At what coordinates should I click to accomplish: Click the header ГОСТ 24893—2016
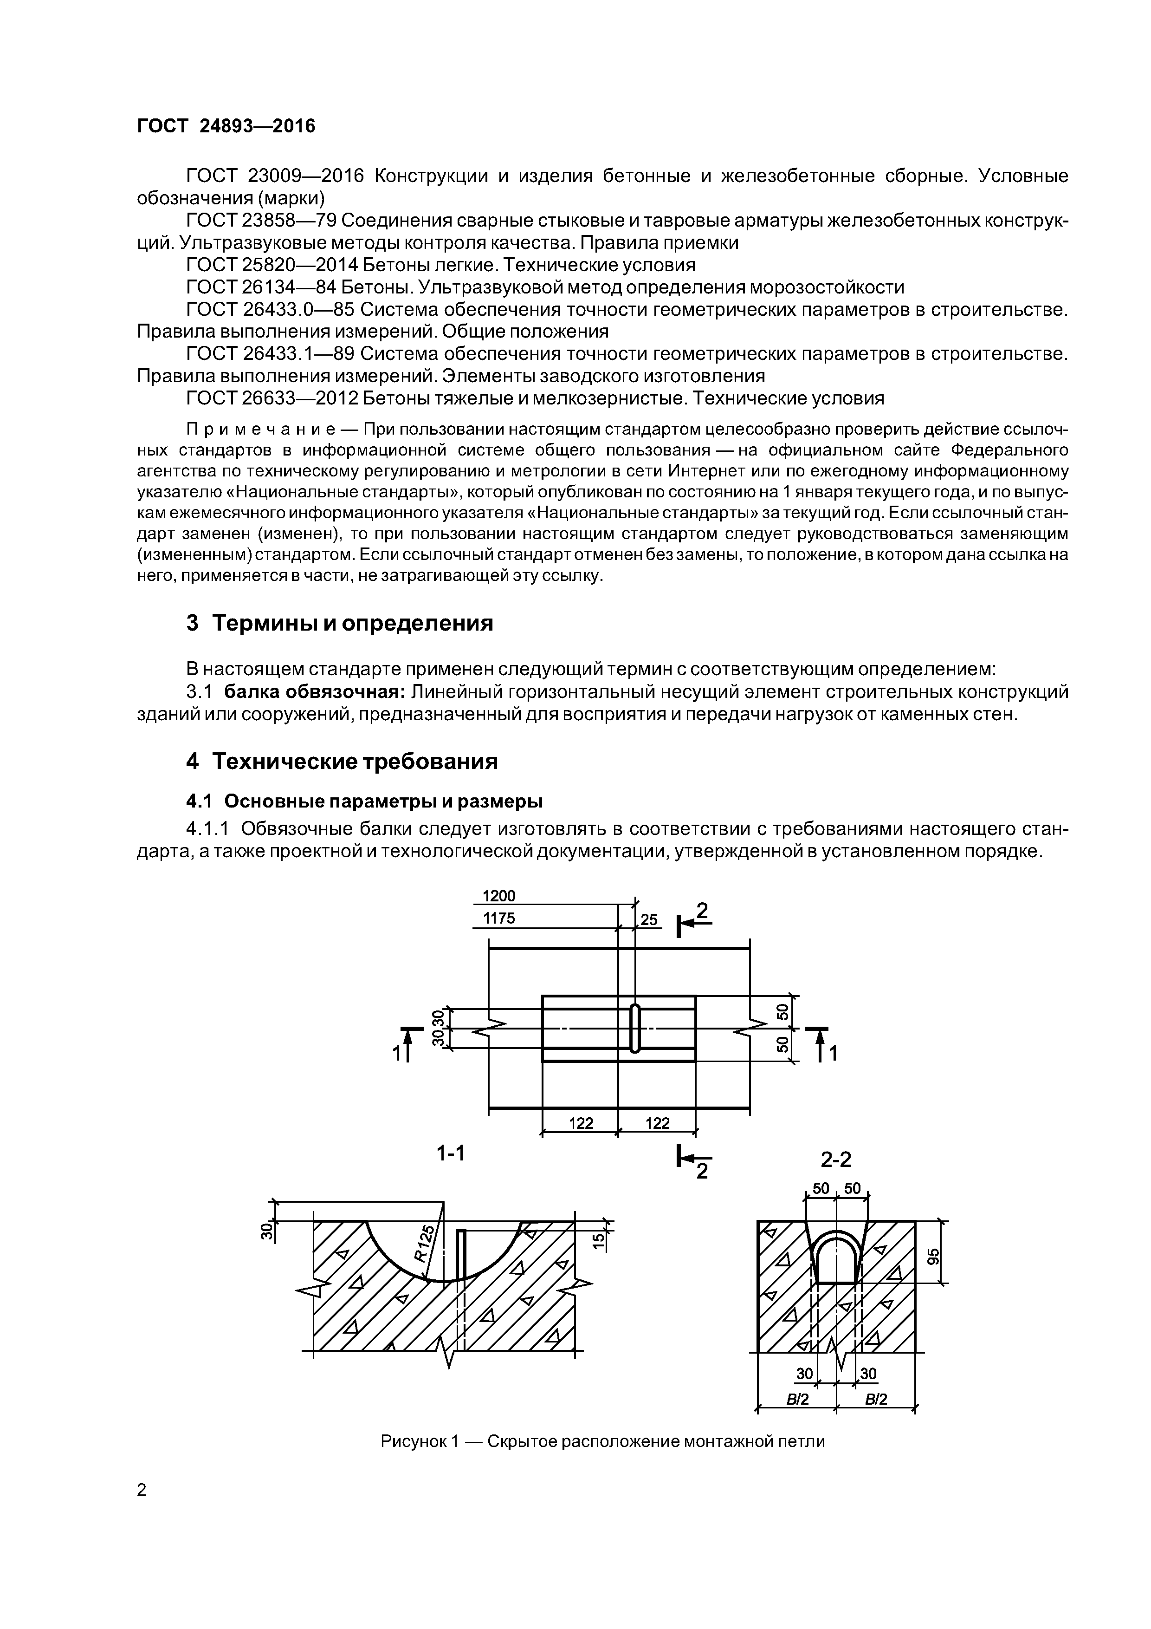point(226,126)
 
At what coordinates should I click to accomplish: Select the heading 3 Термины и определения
point(339,623)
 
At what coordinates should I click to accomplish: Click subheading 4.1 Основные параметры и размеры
point(364,801)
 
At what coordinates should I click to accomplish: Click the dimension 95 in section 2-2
point(933,1256)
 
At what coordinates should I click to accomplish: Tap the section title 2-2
point(835,1160)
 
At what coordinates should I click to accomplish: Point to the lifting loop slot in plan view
point(635,1028)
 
